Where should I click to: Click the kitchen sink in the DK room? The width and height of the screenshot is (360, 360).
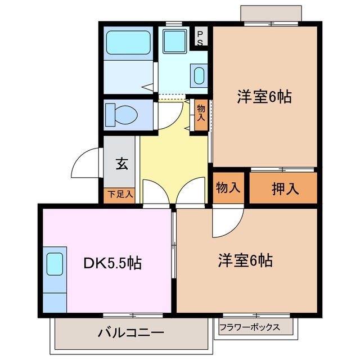[x=55, y=264]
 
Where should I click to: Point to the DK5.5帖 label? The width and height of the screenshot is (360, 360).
[x=113, y=262]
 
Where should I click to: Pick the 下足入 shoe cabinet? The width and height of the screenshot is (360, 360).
[x=120, y=195]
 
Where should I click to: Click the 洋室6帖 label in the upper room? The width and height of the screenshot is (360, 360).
[x=264, y=97]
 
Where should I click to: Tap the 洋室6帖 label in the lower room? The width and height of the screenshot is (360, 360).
[x=246, y=261]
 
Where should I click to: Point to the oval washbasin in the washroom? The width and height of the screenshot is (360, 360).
[x=199, y=75]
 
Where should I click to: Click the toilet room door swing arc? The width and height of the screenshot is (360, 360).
[x=169, y=115]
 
